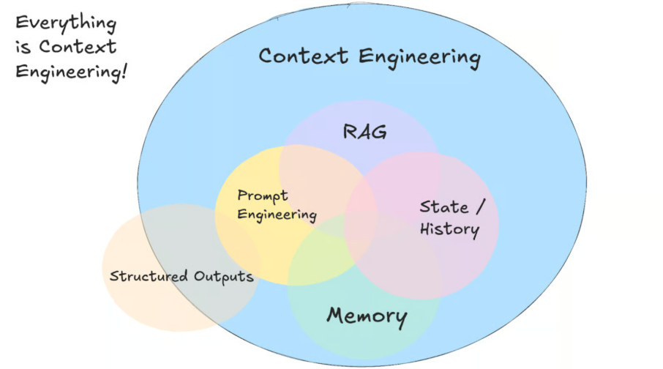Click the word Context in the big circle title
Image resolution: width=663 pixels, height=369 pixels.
tap(303, 56)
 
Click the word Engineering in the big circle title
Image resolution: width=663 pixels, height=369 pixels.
tap(420, 58)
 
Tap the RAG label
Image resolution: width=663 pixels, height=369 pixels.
tap(364, 132)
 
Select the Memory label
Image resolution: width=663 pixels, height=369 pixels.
tap(367, 316)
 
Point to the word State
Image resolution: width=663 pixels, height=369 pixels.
tap(444, 207)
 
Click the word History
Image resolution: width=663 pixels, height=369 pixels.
tap(449, 230)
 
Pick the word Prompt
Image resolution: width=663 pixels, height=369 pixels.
tap(263, 196)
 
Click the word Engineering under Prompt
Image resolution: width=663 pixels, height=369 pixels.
tap(277, 215)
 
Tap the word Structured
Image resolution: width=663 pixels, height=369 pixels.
tap(149, 276)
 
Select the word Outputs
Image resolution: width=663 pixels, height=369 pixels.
tap(224, 277)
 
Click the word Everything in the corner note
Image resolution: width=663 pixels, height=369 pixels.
tap(66, 23)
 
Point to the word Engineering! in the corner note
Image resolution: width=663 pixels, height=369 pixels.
tap(71, 72)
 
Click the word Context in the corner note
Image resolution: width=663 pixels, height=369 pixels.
tap(78, 47)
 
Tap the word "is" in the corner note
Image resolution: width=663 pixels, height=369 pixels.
tap(23, 47)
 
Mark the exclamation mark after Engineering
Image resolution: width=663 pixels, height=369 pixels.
tap(124, 71)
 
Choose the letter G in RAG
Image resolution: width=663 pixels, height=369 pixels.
tap(379, 132)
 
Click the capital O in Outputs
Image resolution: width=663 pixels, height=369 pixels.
tap(200, 276)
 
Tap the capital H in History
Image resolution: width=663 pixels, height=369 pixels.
tap(427, 228)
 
